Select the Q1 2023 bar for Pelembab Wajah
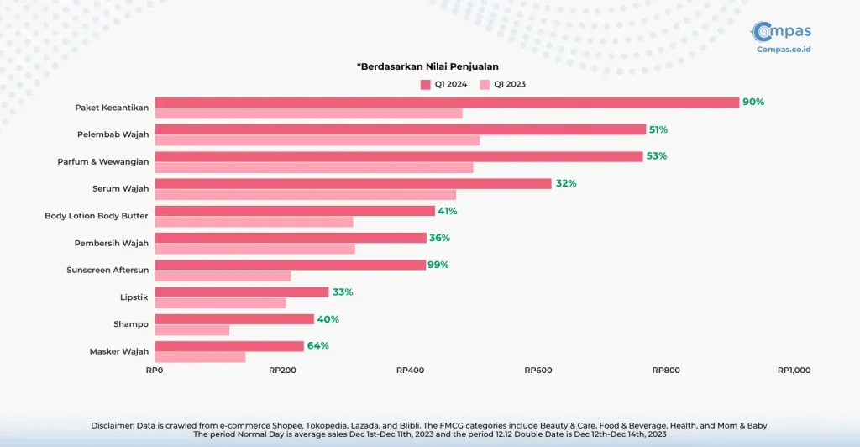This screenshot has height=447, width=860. pos(317,140)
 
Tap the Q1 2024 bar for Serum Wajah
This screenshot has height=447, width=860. pos(353,183)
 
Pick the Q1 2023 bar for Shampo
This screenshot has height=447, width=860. pos(191,330)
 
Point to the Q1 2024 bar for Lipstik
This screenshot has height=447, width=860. pos(241,292)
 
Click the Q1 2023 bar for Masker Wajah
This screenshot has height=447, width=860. pos(200,357)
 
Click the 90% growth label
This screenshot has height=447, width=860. pos(753,103)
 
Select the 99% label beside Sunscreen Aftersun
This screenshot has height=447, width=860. pos(438,265)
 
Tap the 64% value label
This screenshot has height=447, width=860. pos(317,345)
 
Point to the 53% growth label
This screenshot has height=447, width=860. pos(657,156)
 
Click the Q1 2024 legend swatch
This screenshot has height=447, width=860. pos(426,84)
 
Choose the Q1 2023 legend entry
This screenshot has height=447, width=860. pos(503,84)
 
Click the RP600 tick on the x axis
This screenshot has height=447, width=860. pos(537,370)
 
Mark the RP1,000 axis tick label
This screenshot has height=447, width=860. pos(794,370)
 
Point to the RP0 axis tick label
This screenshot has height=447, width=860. pos(155,370)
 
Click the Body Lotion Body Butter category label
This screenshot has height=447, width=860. pos(97,216)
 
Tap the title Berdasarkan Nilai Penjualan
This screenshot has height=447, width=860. pos(434,66)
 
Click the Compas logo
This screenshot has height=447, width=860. pos(782,35)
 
